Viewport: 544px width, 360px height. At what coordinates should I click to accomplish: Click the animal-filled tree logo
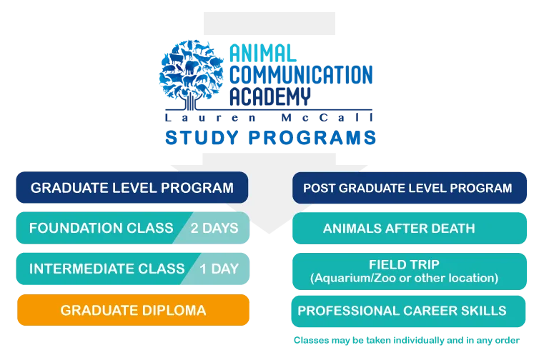click(x=191, y=74)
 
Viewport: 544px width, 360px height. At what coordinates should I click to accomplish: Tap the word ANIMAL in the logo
click(x=262, y=54)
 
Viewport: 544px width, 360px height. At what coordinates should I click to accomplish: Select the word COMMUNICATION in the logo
click(x=301, y=74)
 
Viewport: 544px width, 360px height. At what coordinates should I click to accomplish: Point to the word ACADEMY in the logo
click(x=269, y=96)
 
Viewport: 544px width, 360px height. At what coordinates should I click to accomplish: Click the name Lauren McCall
click(x=269, y=118)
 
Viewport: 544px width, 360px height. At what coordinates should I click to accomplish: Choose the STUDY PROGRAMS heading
click(x=271, y=137)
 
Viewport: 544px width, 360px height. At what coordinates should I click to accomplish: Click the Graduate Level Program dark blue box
click(x=132, y=187)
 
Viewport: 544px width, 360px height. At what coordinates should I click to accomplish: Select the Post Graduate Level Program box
click(x=410, y=188)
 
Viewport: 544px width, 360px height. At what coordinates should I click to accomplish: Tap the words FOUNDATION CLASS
click(x=101, y=228)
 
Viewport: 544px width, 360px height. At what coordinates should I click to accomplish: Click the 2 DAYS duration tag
click(x=214, y=228)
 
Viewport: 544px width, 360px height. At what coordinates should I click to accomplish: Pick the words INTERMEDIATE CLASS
click(x=107, y=269)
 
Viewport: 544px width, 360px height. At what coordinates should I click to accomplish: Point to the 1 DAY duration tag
click(x=219, y=269)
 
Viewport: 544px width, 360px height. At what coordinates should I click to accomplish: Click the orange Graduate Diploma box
click(x=133, y=310)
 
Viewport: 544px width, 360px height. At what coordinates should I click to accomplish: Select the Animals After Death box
click(x=410, y=228)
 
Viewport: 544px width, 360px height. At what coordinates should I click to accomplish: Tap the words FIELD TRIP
click(x=404, y=264)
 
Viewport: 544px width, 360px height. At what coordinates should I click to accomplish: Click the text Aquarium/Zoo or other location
click(x=404, y=278)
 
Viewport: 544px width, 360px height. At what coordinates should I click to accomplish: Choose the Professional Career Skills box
click(x=408, y=311)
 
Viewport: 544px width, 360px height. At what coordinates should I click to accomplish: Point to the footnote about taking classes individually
click(x=407, y=340)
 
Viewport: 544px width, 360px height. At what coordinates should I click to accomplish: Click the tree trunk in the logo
click(x=189, y=102)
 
